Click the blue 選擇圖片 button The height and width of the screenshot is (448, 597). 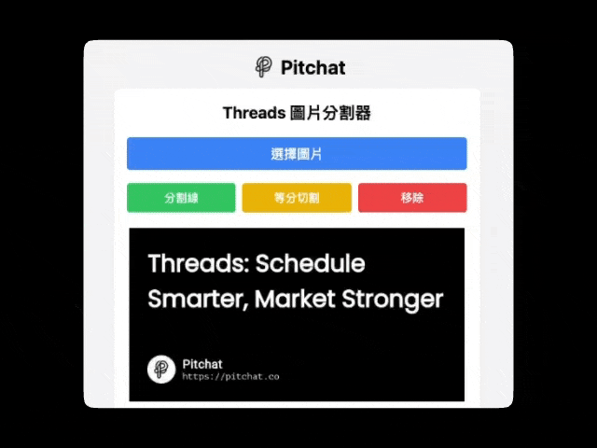[297, 154]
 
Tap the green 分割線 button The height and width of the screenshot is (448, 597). [181, 198]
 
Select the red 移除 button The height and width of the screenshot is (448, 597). [412, 198]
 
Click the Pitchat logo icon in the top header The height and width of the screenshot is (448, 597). [264, 67]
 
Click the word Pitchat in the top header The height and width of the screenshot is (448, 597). [312, 67]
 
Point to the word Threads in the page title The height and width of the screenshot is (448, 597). [253, 113]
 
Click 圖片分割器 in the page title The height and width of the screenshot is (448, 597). [330, 113]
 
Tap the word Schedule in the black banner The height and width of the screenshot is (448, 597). [310, 263]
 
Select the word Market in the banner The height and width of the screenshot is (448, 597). [292, 300]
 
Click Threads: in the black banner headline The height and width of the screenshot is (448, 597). [198, 263]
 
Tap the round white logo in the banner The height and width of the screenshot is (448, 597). [161, 370]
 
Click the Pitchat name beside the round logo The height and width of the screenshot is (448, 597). [202, 364]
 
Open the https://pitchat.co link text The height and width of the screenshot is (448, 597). [230, 377]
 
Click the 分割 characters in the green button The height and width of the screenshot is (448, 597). [174, 198]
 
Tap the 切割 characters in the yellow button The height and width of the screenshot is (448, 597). [307, 198]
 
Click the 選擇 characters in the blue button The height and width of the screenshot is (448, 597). [284, 154]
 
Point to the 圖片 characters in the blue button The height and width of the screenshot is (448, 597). [310, 154]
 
